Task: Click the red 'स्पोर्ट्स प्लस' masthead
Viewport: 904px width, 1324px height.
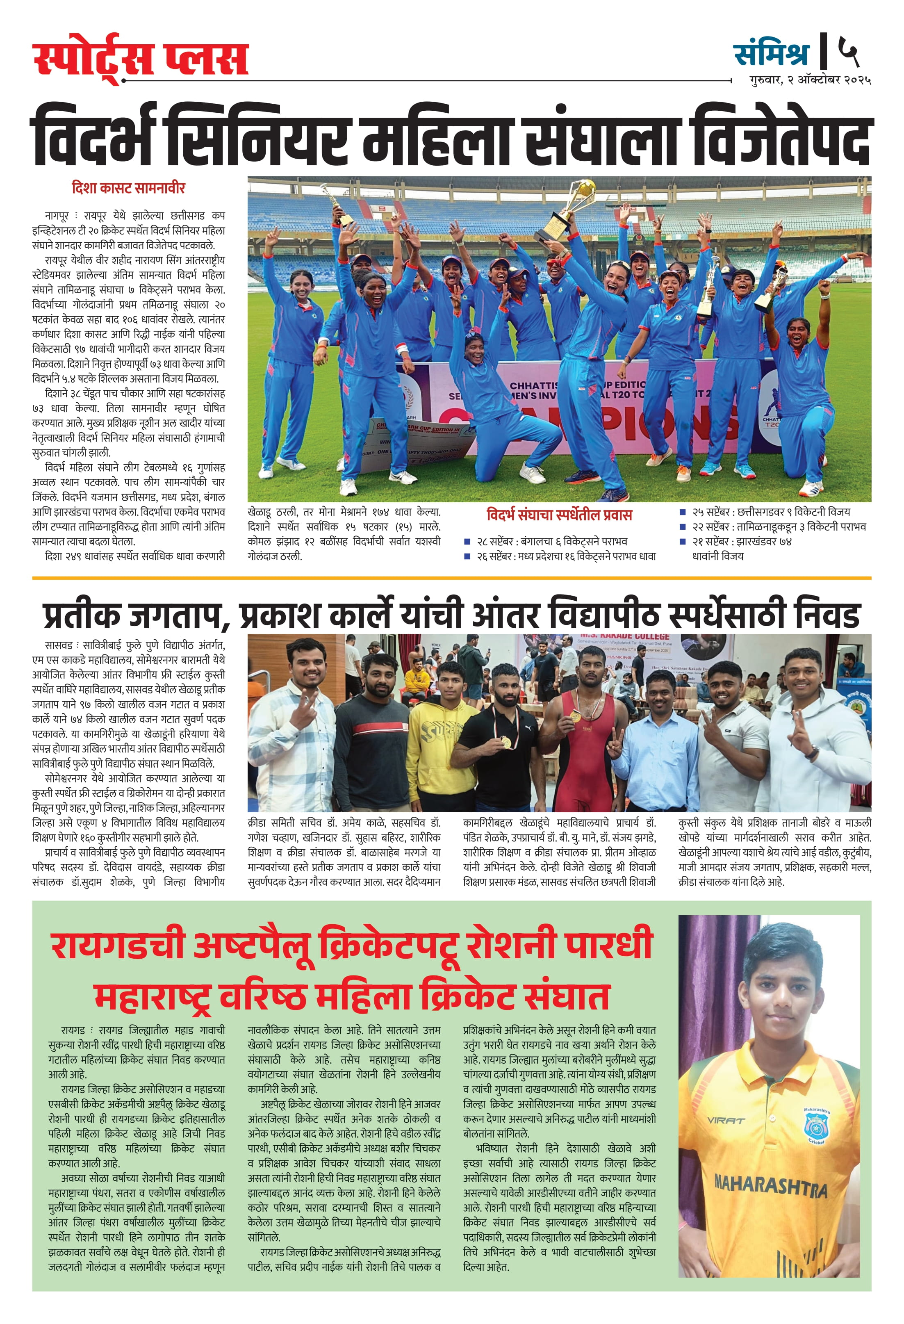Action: [x=140, y=59]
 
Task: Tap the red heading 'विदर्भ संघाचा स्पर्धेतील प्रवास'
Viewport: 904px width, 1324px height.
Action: [x=559, y=515]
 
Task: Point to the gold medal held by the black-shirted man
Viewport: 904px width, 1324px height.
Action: [x=505, y=742]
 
